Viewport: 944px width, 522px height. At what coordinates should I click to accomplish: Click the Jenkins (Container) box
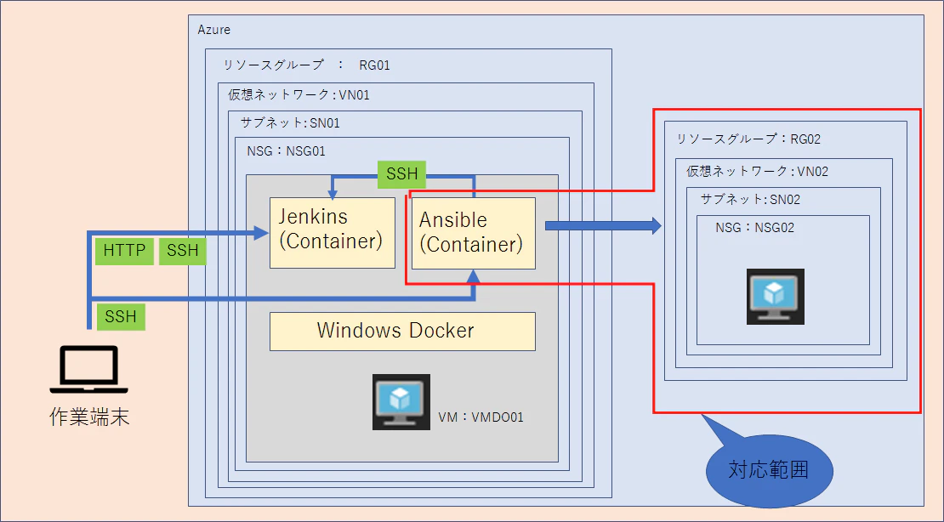(333, 232)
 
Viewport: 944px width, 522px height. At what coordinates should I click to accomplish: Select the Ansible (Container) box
(473, 233)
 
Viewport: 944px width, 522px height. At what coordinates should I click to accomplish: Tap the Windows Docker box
(402, 332)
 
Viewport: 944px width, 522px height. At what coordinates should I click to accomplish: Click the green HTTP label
(125, 251)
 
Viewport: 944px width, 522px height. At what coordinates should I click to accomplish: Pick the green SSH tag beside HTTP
(183, 251)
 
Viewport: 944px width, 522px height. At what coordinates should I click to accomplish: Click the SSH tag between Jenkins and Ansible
(401, 174)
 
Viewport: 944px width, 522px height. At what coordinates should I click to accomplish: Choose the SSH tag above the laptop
(121, 317)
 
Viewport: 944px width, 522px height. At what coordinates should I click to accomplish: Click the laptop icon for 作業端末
(89, 369)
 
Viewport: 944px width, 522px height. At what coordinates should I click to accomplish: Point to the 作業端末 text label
(89, 417)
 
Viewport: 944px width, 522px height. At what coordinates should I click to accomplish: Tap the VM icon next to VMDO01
(401, 401)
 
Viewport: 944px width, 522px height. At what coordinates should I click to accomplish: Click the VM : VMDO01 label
(481, 417)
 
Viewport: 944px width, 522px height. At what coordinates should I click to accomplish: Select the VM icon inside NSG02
(776, 297)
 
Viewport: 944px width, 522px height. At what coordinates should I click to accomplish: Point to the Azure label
(213, 30)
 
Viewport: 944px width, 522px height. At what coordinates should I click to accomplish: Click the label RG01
(374, 65)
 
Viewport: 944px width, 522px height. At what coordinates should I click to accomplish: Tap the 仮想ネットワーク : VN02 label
(758, 172)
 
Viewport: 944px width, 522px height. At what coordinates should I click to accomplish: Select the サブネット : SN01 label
(290, 123)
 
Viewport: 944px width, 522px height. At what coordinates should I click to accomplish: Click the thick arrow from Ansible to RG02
(603, 226)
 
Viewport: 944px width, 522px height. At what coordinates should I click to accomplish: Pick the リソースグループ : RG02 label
(748, 139)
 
